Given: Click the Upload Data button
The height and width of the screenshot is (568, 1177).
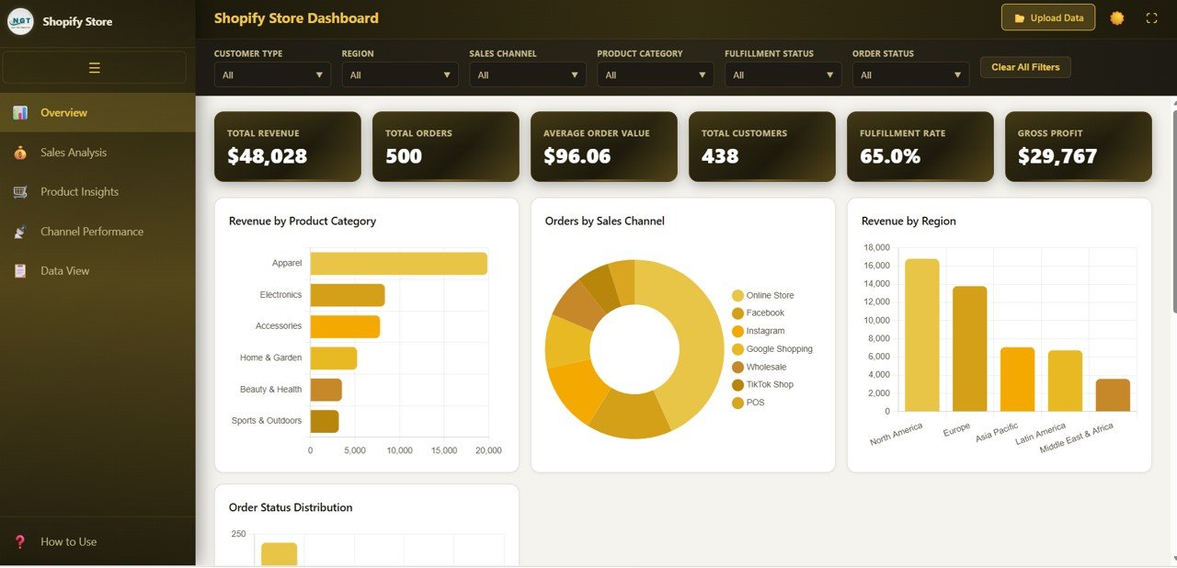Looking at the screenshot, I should coord(1047,17).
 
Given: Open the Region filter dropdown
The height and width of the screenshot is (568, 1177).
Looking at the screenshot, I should coord(400,74).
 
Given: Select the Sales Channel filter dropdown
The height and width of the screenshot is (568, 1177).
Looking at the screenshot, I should coord(528,74).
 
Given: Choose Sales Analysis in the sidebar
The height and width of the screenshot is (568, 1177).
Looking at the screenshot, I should coord(74,153).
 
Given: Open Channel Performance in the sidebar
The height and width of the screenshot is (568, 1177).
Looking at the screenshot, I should coord(92,232).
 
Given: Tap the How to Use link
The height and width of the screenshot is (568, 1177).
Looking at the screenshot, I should coord(68,541).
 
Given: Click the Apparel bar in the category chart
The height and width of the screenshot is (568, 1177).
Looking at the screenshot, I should coord(398,263).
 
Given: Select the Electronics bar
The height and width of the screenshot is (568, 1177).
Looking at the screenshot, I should coord(347,295).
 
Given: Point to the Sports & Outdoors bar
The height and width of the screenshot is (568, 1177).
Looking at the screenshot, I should coord(324,421).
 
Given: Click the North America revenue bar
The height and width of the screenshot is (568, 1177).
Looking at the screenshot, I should coord(921,335).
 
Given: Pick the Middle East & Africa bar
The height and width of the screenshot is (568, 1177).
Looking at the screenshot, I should coord(1113,394).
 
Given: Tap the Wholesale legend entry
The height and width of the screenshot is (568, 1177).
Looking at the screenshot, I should coord(766,367).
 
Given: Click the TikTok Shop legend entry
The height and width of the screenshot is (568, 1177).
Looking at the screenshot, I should coord(770,384).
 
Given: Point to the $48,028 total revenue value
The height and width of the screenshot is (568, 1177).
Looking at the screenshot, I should coord(267,156).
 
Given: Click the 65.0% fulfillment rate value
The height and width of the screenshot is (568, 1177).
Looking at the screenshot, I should coord(889,156).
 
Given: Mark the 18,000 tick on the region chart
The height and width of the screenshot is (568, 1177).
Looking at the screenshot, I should coord(876,248).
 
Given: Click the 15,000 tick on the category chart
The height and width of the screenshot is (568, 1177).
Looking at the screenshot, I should coord(444,450).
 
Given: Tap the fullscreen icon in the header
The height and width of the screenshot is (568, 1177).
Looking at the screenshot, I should coord(1151,18).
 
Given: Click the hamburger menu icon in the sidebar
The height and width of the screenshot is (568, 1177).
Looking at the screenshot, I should coord(94,67).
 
